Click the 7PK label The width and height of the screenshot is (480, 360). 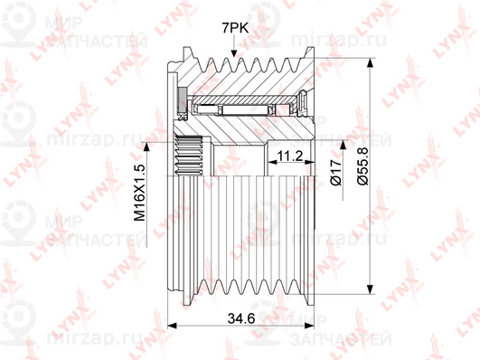tap(235, 29)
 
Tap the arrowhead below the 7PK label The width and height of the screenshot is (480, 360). tap(234, 52)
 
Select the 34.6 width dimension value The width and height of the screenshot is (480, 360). tap(241, 319)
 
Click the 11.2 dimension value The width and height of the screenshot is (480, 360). tap(289, 156)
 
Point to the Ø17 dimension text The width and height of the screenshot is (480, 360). tap(336, 172)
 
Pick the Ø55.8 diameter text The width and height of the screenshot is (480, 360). tap(362, 166)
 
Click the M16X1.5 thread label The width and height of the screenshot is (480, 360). tap(139, 193)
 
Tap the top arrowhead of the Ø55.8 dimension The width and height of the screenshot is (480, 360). tap(370, 62)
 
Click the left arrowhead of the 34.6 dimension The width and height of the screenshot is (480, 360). tap(173, 326)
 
